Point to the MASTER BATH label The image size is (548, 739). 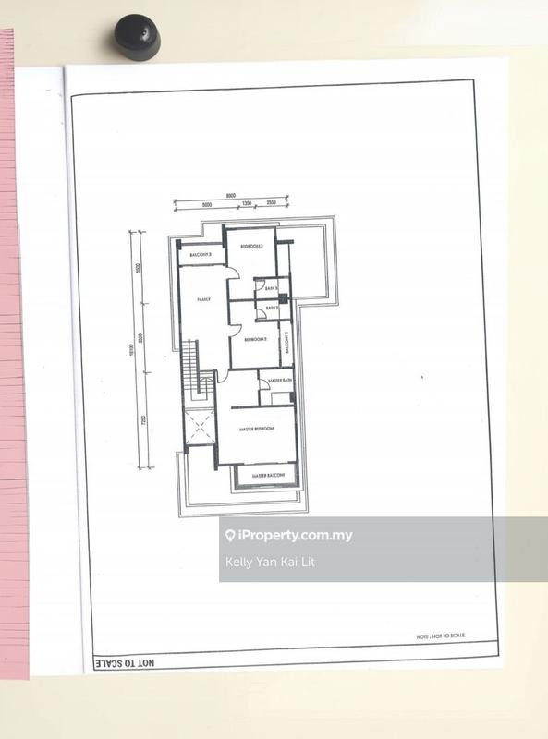click(280, 381)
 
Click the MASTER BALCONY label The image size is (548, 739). click(265, 475)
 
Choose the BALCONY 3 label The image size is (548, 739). click(201, 255)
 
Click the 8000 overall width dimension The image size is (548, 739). click(230, 196)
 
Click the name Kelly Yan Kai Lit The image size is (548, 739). click(270, 562)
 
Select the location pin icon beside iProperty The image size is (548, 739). click(230, 536)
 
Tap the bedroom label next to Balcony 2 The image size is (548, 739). click(256, 340)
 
